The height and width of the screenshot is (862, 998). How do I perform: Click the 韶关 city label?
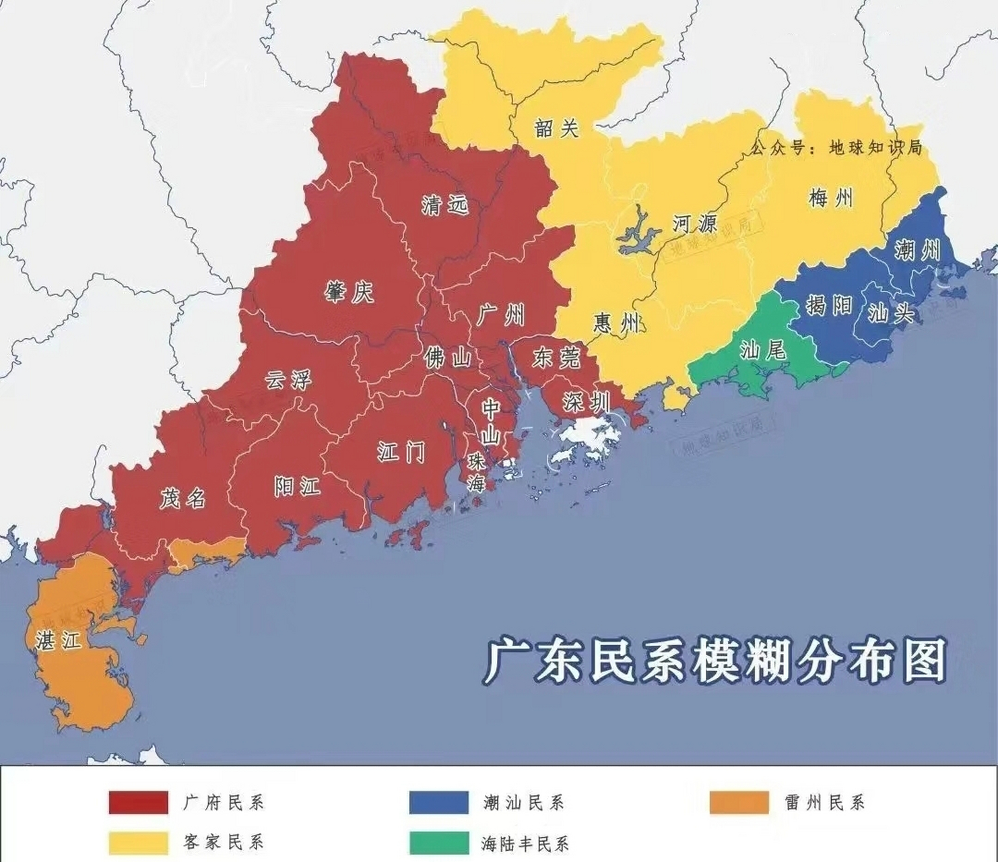pyautogui.click(x=556, y=128)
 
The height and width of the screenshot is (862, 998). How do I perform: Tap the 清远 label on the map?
pyautogui.click(x=444, y=204)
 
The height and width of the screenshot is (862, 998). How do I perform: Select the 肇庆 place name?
pyautogui.click(x=349, y=292)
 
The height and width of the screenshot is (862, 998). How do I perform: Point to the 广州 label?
pyautogui.click(x=501, y=314)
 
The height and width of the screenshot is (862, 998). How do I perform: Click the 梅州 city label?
pyautogui.click(x=831, y=198)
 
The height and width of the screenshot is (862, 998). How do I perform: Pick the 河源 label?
pyautogui.click(x=695, y=223)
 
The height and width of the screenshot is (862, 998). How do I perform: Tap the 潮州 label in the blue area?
pyautogui.click(x=917, y=251)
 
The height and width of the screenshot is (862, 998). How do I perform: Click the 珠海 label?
pyautogui.click(x=477, y=472)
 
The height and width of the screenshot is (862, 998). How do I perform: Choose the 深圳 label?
pyautogui.click(x=587, y=402)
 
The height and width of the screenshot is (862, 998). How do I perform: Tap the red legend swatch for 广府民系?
pyautogui.click(x=138, y=803)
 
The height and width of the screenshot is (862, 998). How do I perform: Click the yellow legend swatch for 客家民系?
pyautogui.click(x=138, y=842)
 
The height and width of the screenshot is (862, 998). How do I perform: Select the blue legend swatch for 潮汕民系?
pyautogui.click(x=438, y=803)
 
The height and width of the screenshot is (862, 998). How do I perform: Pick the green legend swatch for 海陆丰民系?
pyautogui.click(x=438, y=842)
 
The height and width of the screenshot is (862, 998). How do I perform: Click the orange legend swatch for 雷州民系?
pyautogui.click(x=739, y=803)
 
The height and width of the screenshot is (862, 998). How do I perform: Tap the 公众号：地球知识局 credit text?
pyautogui.click(x=836, y=147)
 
